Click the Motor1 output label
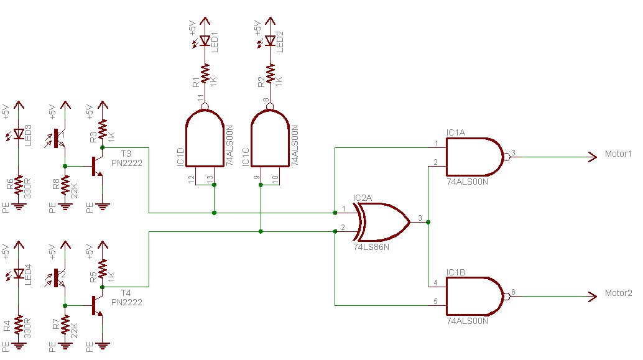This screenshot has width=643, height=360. (x=618, y=154)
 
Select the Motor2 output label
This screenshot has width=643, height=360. (x=618, y=293)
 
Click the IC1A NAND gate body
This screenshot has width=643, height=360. (x=475, y=157)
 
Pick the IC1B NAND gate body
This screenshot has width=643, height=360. (x=475, y=297)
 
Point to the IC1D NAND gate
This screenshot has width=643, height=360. (x=205, y=138)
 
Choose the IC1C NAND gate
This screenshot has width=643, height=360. (x=271, y=138)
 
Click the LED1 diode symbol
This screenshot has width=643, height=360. (x=205, y=40)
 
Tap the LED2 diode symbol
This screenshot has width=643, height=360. (x=270, y=40)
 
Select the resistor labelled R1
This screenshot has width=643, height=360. (x=205, y=74)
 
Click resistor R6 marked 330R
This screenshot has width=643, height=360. (x=19, y=186)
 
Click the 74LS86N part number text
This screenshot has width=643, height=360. (x=371, y=247)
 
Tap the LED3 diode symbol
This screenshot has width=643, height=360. (x=19, y=134)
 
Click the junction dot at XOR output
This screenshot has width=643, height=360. (x=428, y=222)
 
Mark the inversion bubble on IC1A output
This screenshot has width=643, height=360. (x=507, y=157)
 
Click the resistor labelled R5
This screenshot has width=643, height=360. (x=103, y=269)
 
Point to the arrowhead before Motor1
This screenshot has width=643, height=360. (x=593, y=157)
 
